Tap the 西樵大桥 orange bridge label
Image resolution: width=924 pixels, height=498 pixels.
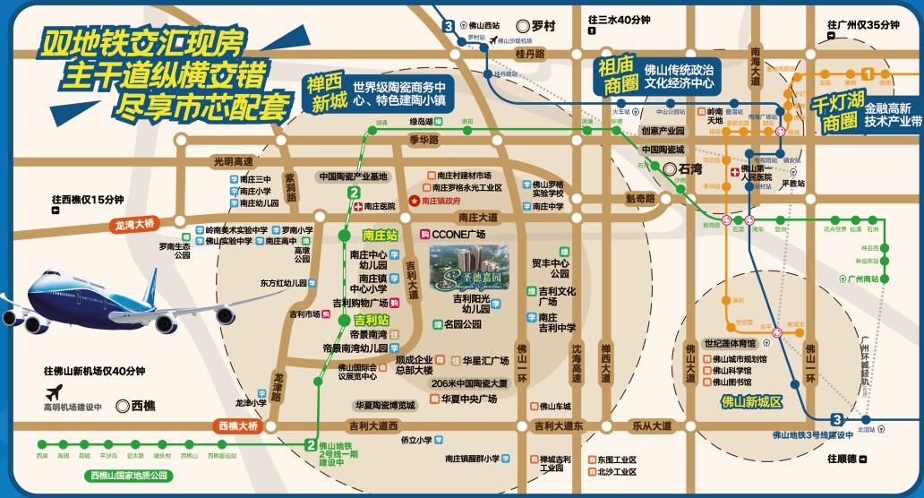click(237, 426)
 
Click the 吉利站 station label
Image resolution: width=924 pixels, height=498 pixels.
click(372, 319)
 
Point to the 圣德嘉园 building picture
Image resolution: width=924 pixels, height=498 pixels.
click(468, 266)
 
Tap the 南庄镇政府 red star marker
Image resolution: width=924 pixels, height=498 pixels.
click(414, 202)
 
